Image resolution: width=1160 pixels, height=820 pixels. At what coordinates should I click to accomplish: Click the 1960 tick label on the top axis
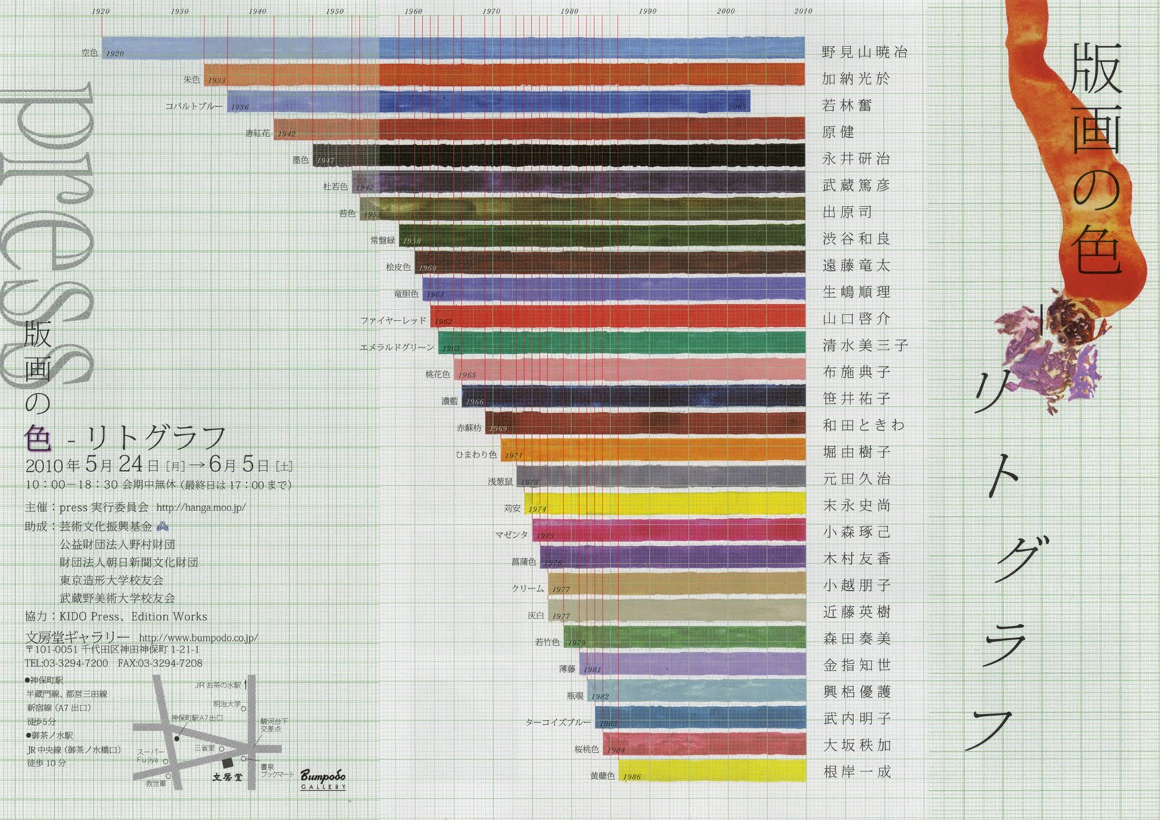(x=413, y=11)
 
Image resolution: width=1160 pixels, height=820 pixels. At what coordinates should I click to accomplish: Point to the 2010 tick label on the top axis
(x=803, y=11)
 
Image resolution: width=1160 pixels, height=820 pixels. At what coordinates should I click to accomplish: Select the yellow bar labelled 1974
(x=667, y=504)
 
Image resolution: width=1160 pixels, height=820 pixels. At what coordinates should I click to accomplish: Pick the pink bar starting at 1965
(x=631, y=370)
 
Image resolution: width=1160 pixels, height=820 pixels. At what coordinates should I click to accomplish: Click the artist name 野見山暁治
(x=864, y=52)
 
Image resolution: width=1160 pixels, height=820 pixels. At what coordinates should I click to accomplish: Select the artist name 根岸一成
(x=856, y=772)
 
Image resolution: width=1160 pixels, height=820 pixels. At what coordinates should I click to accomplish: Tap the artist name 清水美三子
(x=864, y=345)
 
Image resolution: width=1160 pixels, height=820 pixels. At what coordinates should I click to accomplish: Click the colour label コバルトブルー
(x=194, y=107)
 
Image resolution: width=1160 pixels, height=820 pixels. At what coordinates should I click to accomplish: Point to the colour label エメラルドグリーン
(x=397, y=347)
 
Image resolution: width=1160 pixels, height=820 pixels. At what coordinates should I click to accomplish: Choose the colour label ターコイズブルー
(x=558, y=722)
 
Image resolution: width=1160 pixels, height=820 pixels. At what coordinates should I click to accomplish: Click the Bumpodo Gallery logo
(x=323, y=779)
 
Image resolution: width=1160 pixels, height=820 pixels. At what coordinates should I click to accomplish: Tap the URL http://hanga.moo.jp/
(x=201, y=508)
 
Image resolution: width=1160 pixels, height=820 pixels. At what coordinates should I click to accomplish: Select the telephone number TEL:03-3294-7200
(x=66, y=663)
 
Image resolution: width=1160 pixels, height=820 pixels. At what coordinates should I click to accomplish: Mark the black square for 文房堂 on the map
(x=228, y=763)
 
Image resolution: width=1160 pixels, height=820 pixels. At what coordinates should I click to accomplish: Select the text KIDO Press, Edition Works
(x=133, y=617)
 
